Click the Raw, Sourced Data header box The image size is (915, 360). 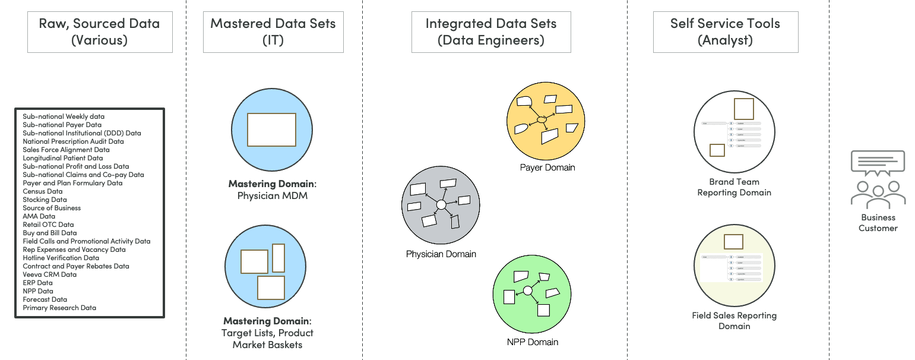click(x=100, y=32)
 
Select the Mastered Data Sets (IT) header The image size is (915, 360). click(x=273, y=32)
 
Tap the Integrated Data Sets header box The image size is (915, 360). click(x=490, y=32)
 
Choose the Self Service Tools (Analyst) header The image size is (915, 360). click(x=725, y=32)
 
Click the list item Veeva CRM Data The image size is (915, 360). click(x=50, y=274)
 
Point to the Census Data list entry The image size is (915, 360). click(x=43, y=191)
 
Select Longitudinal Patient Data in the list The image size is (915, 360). click(x=63, y=158)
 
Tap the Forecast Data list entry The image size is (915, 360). click(x=45, y=299)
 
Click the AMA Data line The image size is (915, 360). click(x=39, y=216)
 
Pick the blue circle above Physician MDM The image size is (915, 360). click(x=271, y=129)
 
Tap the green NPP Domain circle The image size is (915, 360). click(x=532, y=293)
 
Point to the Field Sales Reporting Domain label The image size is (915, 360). click(x=734, y=321)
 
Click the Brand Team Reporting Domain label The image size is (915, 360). click(x=734, y=187)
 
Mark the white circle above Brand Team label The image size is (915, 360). click(x=734, y=131)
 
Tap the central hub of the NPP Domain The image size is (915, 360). click(x=527, y=290)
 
